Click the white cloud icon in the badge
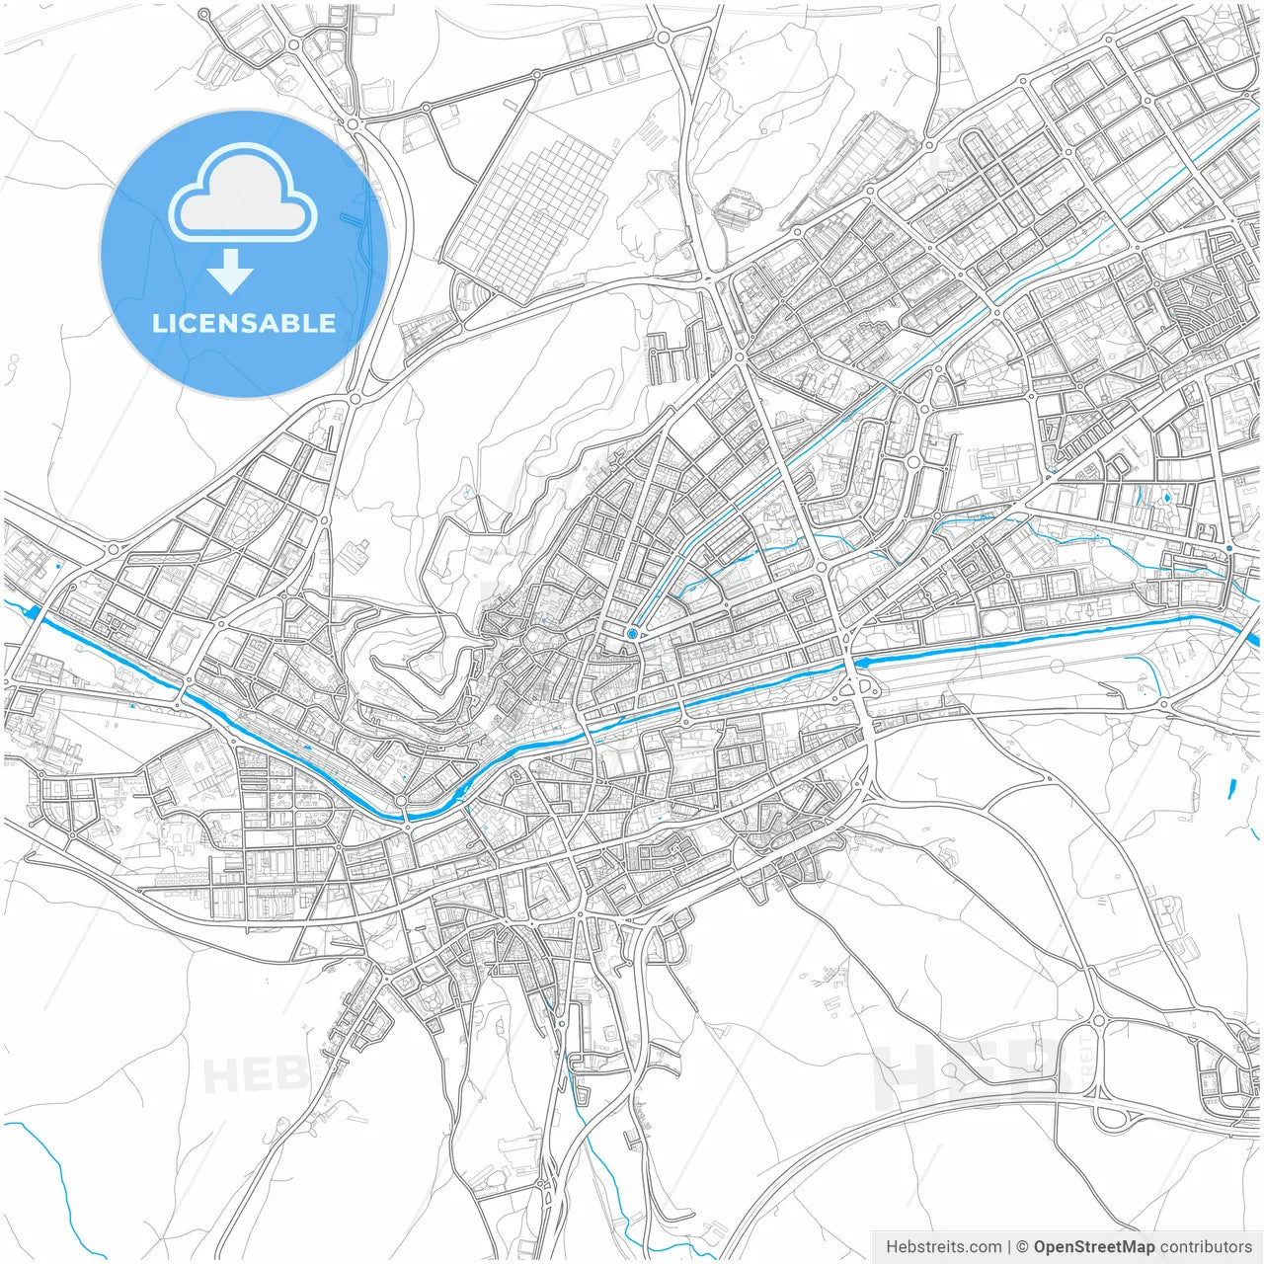[x=243, y=194]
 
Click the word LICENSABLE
[x=243, y=324]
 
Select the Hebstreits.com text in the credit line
[x=943, y=1247]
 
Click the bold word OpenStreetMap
[x=1094, y=1247]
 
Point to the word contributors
[x=1206, y=1247]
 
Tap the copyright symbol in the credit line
[x=1022, y=1247]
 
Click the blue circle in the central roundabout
[x=632, y=633]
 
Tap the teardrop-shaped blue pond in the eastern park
[x=1167, y=498]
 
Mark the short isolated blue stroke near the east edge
[x=1231, y=789]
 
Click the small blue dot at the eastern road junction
[x=1228, y=548]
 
